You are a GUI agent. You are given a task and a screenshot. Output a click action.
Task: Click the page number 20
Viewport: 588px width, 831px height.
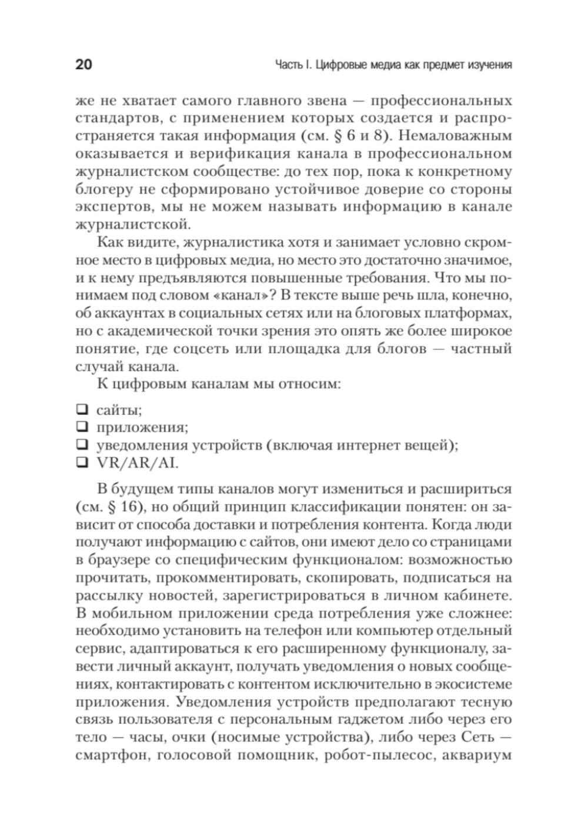(x=83, y=64)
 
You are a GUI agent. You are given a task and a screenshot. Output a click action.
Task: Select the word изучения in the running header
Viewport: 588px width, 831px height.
(x=485, y=65)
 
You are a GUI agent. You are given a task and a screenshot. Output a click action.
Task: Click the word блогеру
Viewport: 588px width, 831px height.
(x=102, y=189)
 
